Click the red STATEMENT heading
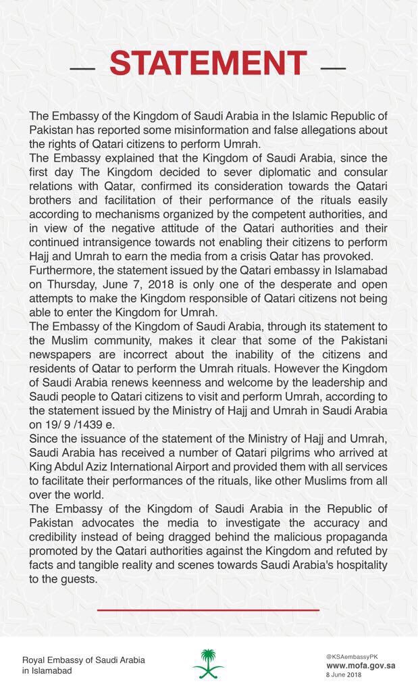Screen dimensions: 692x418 (208, 64)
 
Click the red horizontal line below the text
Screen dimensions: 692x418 (208, 610)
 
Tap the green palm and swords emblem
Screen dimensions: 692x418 (208, 663)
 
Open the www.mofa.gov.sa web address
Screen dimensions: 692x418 (360, 665)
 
